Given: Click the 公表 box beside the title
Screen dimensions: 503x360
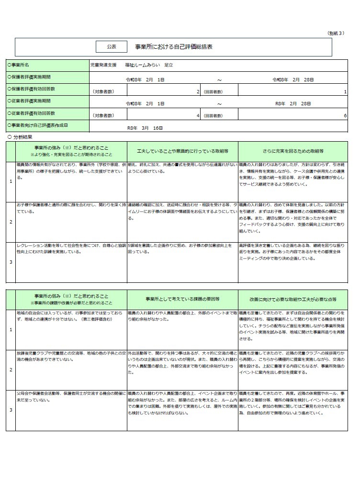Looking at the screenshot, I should (111, 46).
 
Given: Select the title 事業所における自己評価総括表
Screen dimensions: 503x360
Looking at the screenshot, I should (174, 47).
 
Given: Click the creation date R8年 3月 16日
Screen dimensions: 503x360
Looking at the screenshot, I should (145, 128).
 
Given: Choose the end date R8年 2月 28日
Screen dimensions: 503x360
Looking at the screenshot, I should (294, 103).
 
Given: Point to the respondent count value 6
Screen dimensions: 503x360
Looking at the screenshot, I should (345, 116).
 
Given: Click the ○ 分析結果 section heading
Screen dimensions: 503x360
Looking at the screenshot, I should (20, 137).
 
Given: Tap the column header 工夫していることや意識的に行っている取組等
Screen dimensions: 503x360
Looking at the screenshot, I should (182, 151).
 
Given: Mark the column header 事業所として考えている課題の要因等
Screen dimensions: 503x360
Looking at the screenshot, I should (182, 299).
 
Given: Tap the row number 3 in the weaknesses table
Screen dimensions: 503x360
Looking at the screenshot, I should (11, 410).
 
